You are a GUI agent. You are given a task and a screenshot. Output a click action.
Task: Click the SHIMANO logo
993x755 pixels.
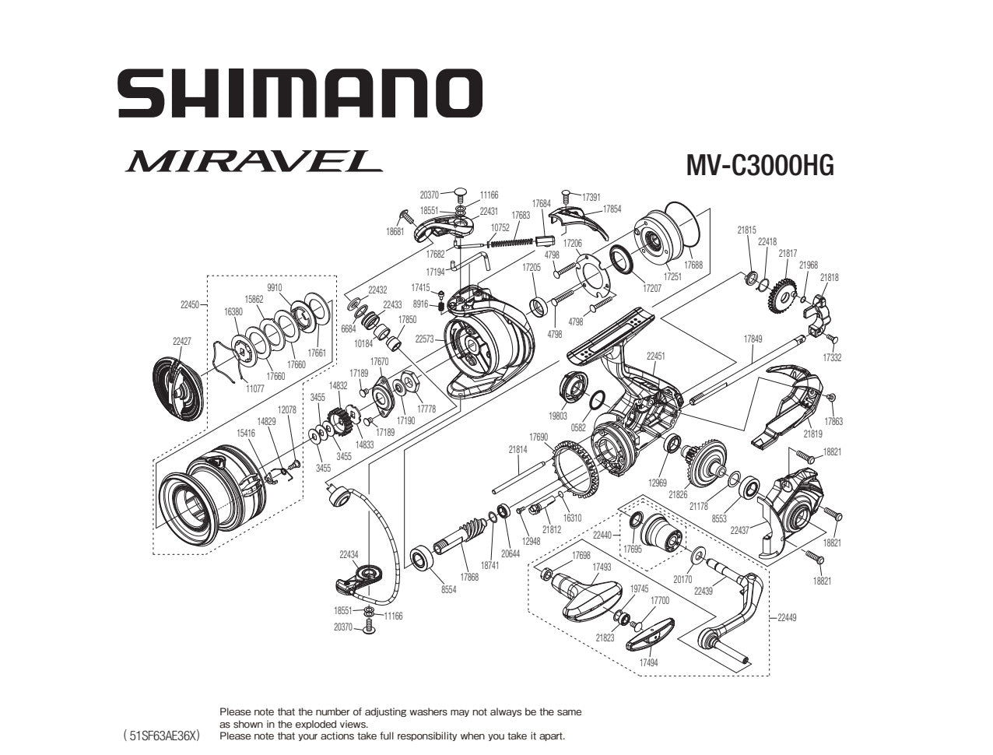click(300, 93)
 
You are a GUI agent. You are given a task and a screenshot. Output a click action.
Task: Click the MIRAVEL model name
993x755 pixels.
click(252, 160)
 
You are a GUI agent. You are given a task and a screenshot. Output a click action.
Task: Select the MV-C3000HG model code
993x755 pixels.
click(759, 165)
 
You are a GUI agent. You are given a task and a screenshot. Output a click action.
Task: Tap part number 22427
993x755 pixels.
click(181, 341)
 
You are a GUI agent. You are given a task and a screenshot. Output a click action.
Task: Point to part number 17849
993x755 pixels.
click(753, 339)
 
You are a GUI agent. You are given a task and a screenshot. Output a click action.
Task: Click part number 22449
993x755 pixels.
click(787, 618)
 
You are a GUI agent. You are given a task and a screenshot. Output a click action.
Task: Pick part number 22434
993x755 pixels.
click(349, 555)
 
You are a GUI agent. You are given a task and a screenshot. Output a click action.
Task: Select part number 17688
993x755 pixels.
click(693, 265)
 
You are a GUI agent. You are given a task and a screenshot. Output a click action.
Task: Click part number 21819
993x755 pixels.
click(812, 434)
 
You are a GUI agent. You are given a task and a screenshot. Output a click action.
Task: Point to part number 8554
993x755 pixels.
click(448, 590)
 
